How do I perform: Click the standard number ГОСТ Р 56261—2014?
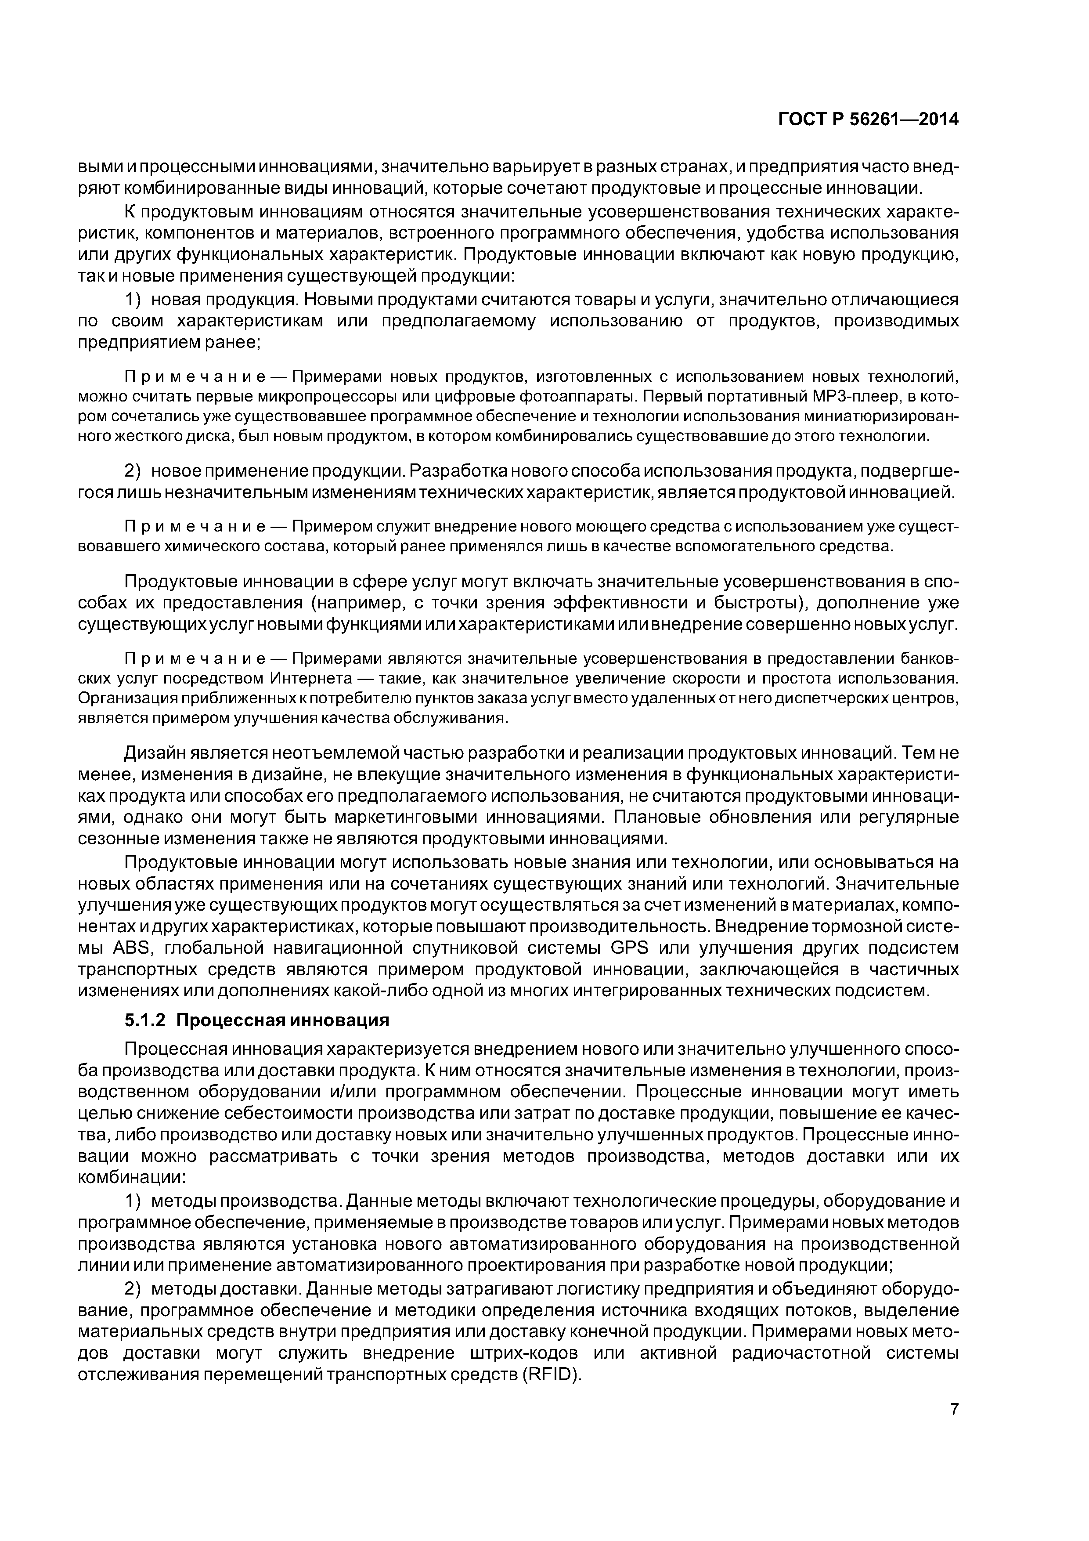868,120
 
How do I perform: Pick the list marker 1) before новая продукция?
134,299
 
